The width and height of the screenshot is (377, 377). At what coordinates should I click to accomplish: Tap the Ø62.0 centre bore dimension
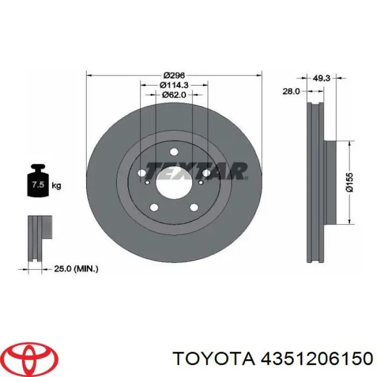click(174, 94)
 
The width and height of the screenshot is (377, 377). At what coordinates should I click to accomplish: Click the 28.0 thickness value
click(291, 92)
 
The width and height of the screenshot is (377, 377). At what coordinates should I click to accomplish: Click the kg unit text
click(57, 186)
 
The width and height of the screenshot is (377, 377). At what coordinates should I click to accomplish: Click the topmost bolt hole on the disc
click(174, 152)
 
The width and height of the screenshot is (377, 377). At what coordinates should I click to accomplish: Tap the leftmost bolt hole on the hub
click(142, 174)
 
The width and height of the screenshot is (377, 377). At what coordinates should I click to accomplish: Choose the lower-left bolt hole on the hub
click(155, 207)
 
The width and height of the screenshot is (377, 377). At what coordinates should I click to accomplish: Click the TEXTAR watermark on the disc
click(197, 171)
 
